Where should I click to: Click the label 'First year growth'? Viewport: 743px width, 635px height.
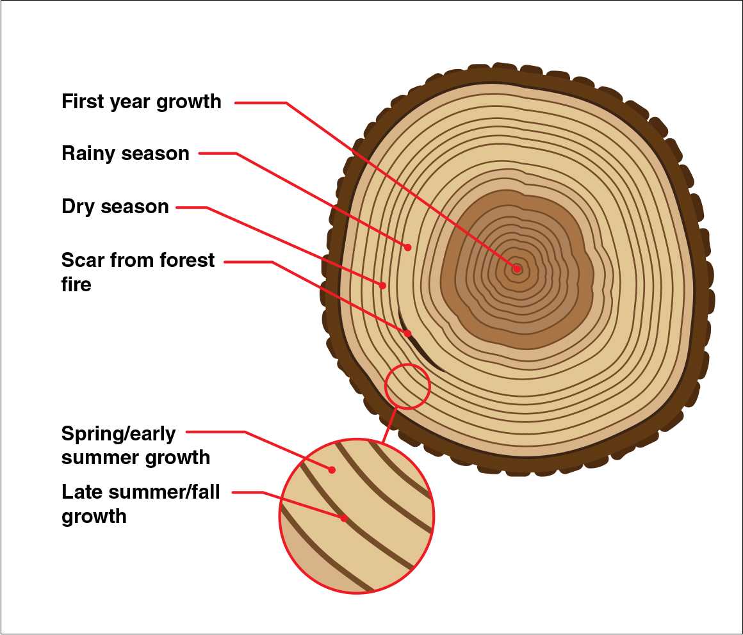141,102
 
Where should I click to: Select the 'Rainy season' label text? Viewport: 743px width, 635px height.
126,154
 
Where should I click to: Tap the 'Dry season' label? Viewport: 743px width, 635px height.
115,207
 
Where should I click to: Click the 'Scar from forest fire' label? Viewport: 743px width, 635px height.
138,271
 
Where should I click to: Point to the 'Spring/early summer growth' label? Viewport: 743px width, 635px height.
135,445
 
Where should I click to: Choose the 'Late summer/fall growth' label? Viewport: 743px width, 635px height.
140,504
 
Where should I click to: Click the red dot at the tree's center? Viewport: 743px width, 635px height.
516,269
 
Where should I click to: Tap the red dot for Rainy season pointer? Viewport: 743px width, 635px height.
407,246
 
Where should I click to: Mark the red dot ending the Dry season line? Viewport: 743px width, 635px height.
383,285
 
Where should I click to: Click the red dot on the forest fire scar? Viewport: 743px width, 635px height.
408,334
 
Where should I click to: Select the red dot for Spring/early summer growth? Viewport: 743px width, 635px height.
332,470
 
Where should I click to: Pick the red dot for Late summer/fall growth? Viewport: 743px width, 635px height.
344,518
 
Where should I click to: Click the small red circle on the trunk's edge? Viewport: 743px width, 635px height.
407,386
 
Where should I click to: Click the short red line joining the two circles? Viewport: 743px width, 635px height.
388,425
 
